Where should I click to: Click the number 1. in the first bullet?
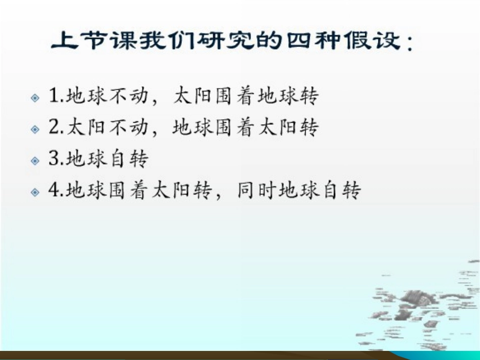click(56, 96)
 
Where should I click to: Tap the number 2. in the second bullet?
click(56, 128)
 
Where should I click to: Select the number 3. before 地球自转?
click(56, 160)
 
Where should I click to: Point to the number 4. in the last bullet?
click(56, 191)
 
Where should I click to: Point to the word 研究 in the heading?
click(232, 40)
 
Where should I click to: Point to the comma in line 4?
click(218, 197)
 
